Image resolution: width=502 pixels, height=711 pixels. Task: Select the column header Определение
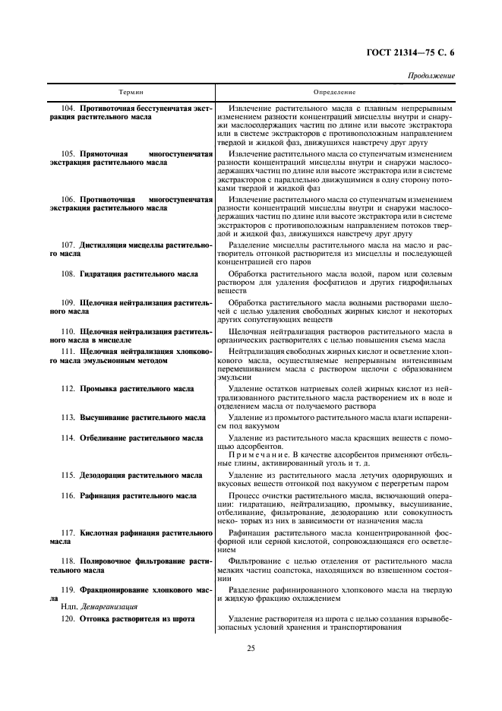(x=334, y=92)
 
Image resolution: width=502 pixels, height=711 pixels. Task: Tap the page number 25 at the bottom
(x=250, y=648)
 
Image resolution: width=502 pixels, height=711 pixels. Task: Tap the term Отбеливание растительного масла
(x=141, y=438)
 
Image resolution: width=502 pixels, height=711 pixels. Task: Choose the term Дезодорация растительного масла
(x=141, y=475)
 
